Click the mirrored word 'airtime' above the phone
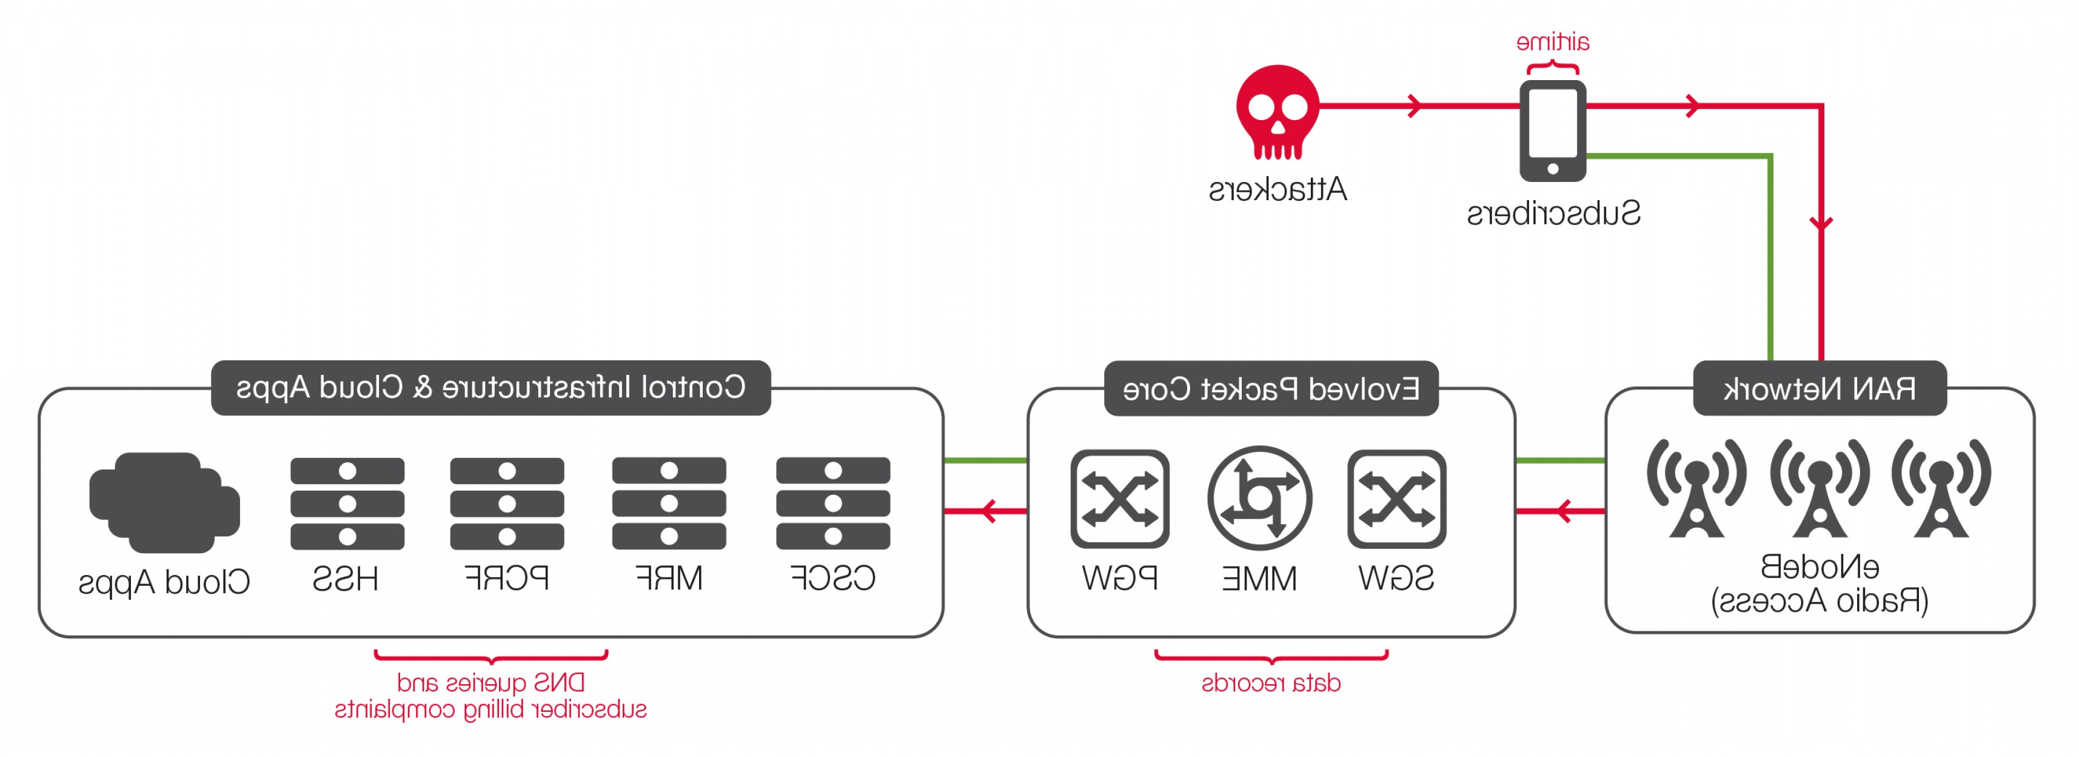(x=1552, y=42)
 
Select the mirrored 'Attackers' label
(x=1277, y=190)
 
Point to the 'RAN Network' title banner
(x=1819, y=388)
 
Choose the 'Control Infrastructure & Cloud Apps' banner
(x=490, y=388)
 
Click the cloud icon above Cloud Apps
(x=165, y=502)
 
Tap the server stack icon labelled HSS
(x=347, y=503)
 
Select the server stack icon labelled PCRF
(x=507, y=503)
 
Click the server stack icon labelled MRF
(x=669, y=503)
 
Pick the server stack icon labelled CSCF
(x=833, y=503)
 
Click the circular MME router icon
(x=1259, y=498)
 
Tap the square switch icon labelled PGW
(x=1119, y=499)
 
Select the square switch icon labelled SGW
(x=1396, y=499)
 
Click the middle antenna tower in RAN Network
(x=1819, y=488)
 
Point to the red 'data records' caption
(x=1271, y=683)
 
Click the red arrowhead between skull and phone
(x=1414, y=106)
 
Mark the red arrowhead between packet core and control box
(x=990, y=511)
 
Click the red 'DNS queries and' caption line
(x=490, y=683)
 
